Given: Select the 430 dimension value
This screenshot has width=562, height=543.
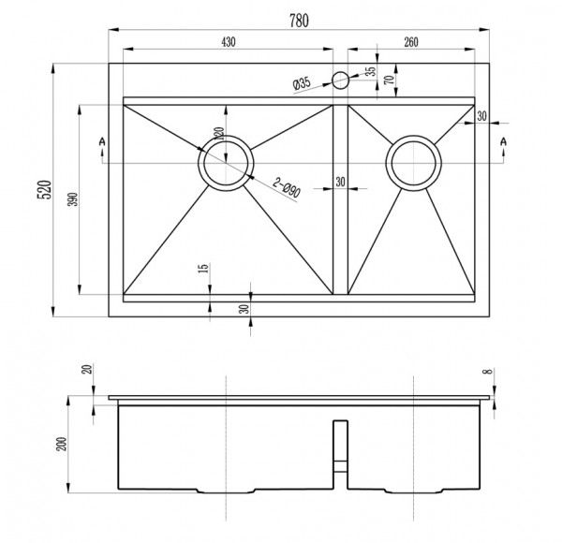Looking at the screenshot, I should pyautogui.click(x=229, y=41).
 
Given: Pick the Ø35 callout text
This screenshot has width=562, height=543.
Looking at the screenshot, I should pyautogui.click(x=301, y=84).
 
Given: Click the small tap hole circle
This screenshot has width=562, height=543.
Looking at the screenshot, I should pyautogui.click(x=340, y=80).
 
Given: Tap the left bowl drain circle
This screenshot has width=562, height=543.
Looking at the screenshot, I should pyautogui.click(x=225, y=164).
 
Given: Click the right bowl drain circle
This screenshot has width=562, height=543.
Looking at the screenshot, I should pyautogui.click(x=414, y=162).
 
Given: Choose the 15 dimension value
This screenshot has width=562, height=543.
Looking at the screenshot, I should pyautogui.click(x=203, y=271).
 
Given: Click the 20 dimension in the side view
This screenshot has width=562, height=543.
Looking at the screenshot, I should pyautogui.click(x=89, y=369).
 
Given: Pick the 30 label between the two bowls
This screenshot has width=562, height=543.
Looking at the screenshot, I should pyautogui.click(x=339, y=182).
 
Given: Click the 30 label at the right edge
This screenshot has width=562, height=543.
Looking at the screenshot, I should pyautogui.click(x=481, y=117).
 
